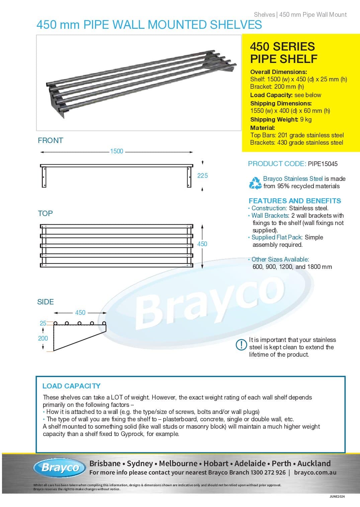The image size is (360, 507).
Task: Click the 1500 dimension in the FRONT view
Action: [x=116, y=151]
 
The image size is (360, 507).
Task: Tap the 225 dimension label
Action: [x=202, y=175]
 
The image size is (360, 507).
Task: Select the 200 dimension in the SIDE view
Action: [x=43, y=338]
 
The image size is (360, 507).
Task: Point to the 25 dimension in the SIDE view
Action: [x=43, y=323]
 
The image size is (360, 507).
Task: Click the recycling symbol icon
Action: [x=255, y=183]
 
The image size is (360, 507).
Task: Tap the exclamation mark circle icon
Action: [x=241, y=345]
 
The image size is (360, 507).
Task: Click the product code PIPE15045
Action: [x=323, y=164]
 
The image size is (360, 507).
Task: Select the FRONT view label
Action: [x=51, y=141]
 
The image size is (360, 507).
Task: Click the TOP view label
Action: [x=46, y=213]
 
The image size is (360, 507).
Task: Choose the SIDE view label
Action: [x=46, y=302]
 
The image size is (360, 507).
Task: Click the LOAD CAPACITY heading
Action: [x=71, y=386]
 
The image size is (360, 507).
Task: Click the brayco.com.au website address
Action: [x=315, y=473]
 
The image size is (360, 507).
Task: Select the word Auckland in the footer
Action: [x=314, y=463]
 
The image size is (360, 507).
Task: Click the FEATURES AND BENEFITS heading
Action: [x=295, y=201]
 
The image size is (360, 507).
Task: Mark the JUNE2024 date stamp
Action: [x=337, y=496]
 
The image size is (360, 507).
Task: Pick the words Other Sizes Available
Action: [x=280, y=260]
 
